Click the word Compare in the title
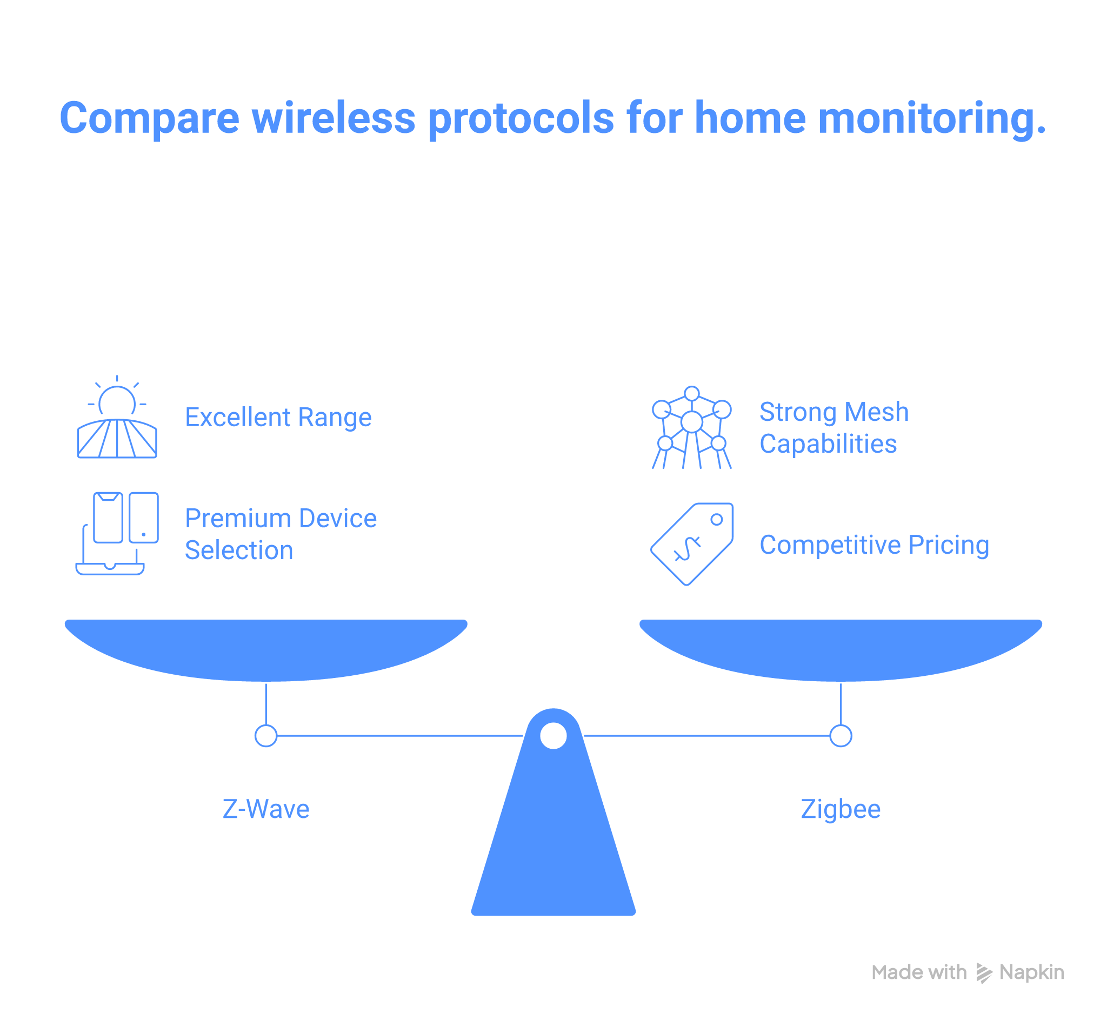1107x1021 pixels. [x=149, y=119]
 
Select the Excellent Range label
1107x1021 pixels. [x=278, y=418]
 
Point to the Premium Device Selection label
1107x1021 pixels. [x=280, y=534]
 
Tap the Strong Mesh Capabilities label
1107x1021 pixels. [x=833, y=428]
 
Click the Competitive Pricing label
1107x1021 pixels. [x=874, y=545]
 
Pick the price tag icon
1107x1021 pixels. [x=691, y=544]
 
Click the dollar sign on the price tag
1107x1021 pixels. [x=687, y=549]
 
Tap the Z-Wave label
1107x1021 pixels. [x=266, y=809]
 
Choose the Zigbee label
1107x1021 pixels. [x=840, y=809]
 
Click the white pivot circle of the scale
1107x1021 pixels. [x=553, y=736]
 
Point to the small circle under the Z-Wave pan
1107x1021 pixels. [x=266, y=736]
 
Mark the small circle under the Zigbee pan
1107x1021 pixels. [x=840, y=736]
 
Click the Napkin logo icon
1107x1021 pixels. [x=984, y=973]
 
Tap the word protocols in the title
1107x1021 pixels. [x=521, y=119]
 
